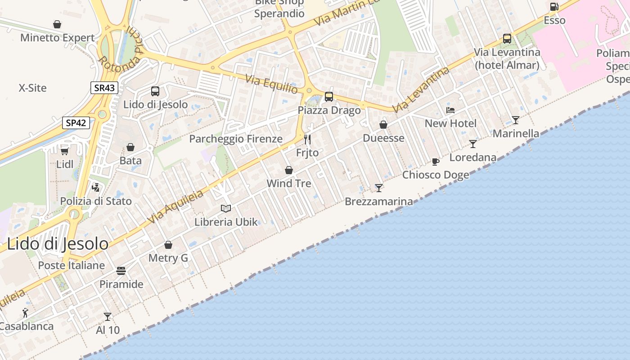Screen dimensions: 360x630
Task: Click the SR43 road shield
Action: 104,88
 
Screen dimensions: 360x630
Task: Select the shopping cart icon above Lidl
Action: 65,151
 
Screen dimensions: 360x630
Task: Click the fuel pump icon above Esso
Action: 554,7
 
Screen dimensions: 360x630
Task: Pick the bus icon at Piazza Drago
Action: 329,96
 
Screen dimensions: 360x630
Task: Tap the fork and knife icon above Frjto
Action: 307,139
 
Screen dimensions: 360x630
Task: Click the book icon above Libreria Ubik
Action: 226,208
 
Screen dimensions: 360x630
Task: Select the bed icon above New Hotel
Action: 450,110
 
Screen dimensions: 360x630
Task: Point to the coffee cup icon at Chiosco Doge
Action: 435,161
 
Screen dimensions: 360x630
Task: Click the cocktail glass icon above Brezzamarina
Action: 379,188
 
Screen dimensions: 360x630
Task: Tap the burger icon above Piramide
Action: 121,270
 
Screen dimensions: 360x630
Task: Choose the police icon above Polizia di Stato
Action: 95,187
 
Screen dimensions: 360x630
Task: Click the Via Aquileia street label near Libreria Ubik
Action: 175,206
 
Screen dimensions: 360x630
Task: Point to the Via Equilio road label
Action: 271,84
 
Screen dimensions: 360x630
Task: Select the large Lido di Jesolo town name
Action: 58,243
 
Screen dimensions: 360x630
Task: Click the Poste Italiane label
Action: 71,265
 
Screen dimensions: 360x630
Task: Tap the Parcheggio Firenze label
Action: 236,139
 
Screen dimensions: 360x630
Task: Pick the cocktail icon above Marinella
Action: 516,120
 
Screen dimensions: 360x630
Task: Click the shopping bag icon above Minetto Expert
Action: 57,24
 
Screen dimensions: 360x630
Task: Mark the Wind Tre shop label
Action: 289,184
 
